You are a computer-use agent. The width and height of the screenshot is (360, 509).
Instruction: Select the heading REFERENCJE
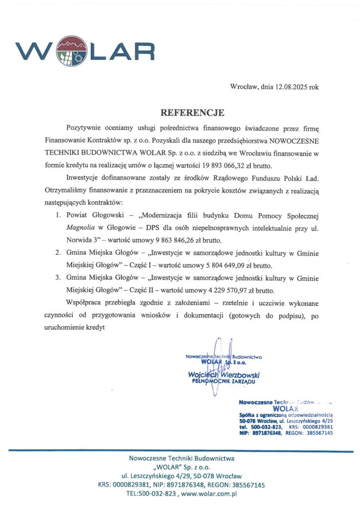tap(192, 112)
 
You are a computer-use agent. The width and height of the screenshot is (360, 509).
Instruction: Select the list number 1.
tap(58, 216)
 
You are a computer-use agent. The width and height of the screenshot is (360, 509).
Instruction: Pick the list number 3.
tap(58, 278)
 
